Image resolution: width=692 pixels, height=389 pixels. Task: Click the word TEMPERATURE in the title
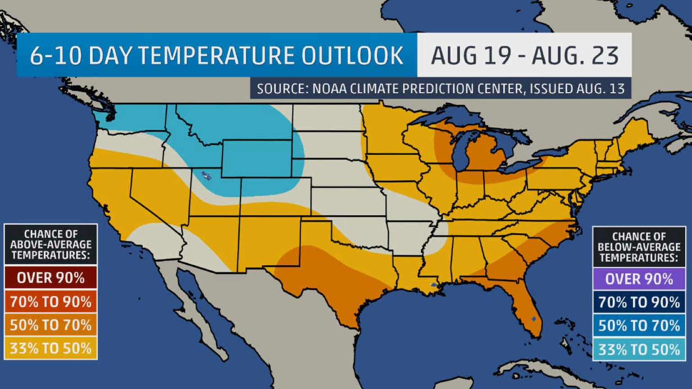pos(216,56)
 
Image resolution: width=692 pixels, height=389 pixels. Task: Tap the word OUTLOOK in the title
pos(352,56)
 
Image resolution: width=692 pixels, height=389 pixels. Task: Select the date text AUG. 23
pos(575,56)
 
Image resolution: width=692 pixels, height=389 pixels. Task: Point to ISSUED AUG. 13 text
pos(577,89)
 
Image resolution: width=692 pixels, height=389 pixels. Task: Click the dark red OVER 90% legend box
pos(51,278)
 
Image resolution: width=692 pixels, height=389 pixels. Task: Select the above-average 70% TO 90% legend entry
pos(51,301)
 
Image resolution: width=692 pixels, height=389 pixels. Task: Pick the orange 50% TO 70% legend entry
pos(51,325)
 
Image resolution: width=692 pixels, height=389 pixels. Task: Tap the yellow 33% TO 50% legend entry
pos(51,348)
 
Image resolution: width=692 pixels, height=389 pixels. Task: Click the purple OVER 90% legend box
pos(639,279)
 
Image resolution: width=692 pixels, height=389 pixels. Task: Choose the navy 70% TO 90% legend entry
pos(639,302)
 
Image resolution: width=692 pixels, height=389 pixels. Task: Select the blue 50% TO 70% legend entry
pos(639,326)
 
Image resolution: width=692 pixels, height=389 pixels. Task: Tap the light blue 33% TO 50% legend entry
pos(639,349)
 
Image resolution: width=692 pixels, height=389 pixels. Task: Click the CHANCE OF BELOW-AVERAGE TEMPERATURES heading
pos(639,247)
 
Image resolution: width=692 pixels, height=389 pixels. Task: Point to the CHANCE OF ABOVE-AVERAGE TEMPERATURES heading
pos(51,244)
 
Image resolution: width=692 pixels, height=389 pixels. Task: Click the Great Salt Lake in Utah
pos(207,175)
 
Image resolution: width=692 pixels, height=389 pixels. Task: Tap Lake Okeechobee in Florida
pos(534,319)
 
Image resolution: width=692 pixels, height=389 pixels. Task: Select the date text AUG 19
pos(471,56)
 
